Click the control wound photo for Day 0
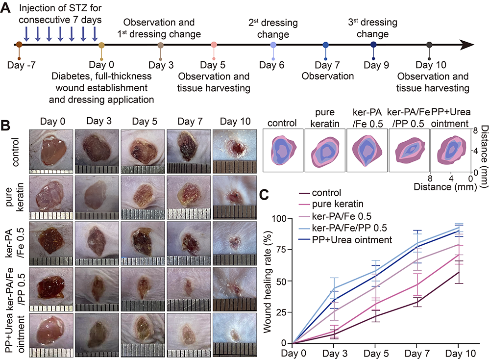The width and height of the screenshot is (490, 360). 51,152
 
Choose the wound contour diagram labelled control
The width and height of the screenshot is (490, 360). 283,151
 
